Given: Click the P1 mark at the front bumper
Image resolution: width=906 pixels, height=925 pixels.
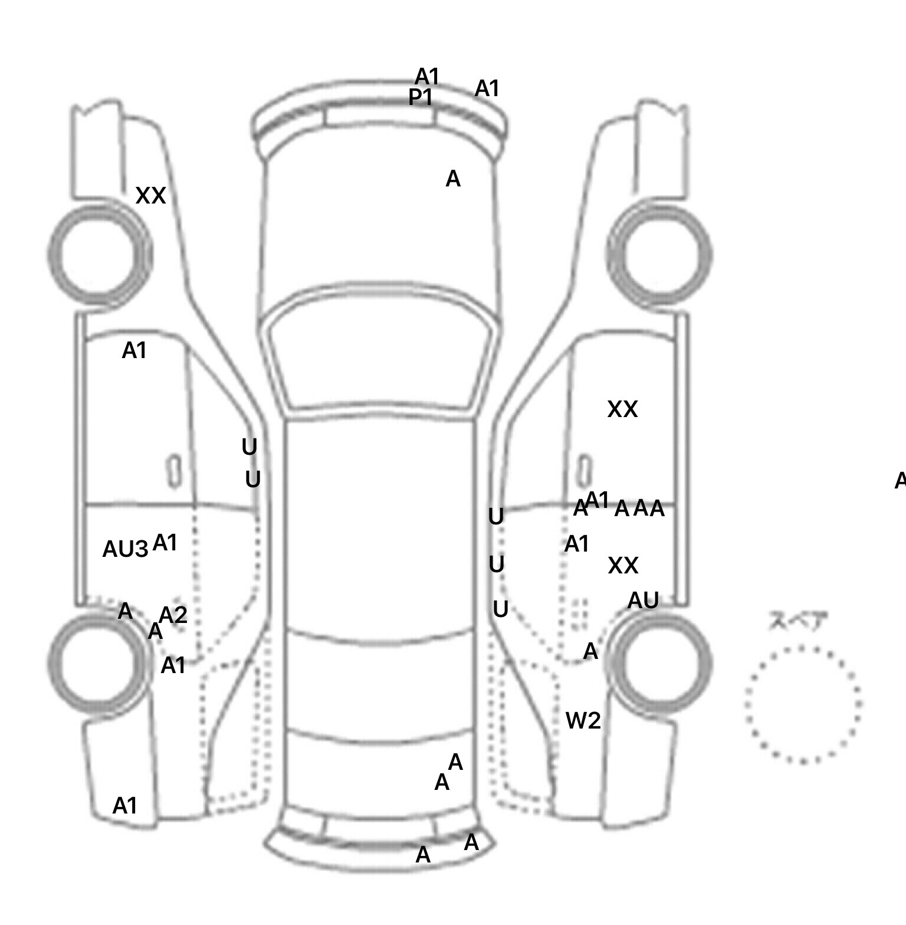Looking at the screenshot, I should tap(421, 97).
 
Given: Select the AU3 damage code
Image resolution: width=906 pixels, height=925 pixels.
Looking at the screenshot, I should tap(125, 549).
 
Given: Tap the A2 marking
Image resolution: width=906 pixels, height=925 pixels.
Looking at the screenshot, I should tap(173, 615).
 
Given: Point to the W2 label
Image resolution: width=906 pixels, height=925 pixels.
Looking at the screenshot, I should tap(583, 720).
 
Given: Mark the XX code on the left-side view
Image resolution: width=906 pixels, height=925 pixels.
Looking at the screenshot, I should tap(150, 196).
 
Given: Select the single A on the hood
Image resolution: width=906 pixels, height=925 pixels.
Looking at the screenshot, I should tap(452, 179).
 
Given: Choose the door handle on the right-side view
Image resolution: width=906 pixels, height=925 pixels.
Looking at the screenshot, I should tap(584, 471).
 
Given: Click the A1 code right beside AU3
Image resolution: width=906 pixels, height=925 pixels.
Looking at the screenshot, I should tap(165, 543).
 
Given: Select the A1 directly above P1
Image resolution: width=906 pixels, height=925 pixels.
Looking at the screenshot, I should tap(427, 77).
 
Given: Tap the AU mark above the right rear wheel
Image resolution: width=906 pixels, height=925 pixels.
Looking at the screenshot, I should tap(642, 601).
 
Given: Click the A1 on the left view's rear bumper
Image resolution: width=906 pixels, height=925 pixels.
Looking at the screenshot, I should tap(124, 805).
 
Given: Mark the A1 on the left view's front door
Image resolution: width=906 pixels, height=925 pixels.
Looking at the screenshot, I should tap(134, 351).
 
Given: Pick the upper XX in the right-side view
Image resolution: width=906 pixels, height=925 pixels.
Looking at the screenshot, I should tap(622, 409).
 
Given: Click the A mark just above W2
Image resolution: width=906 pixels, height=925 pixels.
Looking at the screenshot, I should tap(590, 651).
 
